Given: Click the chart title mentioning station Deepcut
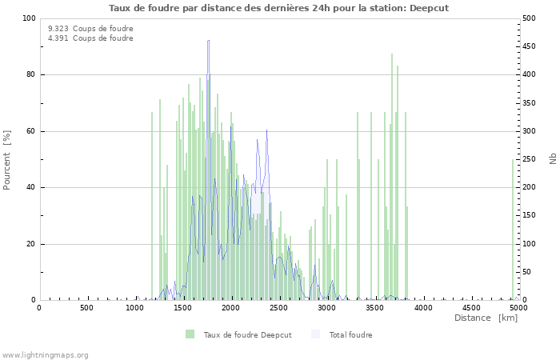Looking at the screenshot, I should coord(278,7).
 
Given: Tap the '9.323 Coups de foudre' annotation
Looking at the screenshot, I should coord(90,29).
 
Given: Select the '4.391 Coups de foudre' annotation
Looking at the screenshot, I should coord(90,38).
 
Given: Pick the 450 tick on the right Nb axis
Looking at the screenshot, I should coord(529,46).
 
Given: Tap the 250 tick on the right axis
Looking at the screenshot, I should coord(529,159).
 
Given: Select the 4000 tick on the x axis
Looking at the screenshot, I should coord(423,307).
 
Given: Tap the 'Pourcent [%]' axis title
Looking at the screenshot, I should coord(7,159).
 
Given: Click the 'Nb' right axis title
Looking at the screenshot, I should coord(552,159).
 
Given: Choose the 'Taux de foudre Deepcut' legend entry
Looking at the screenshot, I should coord(247,334).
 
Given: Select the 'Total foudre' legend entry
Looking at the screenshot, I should coord(350,334).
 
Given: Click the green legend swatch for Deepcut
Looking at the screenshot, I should coord(190,334).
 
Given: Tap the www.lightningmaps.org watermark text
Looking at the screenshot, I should coord(46,354).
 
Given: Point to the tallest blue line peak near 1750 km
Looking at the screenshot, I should coord(208,42).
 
